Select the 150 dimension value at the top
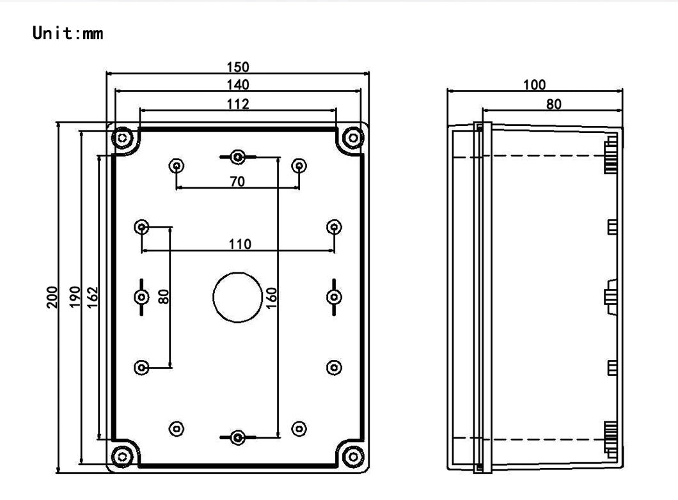click(x=237, y=66)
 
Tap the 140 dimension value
click(x=237, y=84)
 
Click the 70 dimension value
click(x=237, y=182)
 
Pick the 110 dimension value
click(x=237, y=244)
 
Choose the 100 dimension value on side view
click(x=534, y=84)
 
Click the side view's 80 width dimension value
click(x=551, y=103)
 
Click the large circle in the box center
click(x=237, y=297)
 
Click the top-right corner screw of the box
click(x=352, y=137)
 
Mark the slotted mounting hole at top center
click(x=237, y=156)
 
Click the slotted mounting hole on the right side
click(x=333, y=297)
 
